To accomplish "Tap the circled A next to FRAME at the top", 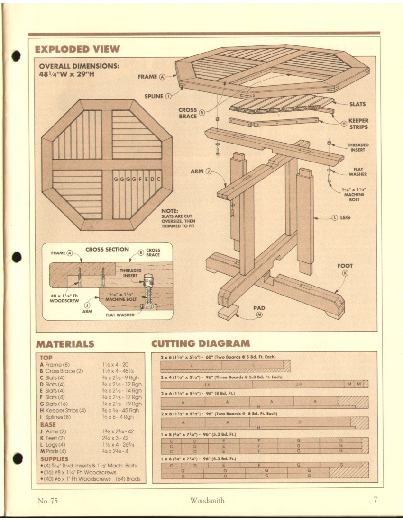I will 162,76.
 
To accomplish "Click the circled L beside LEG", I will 335,217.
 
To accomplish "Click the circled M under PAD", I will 259,317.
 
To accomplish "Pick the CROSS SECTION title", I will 107,249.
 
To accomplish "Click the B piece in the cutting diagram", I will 299,422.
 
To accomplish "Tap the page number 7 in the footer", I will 375,499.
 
